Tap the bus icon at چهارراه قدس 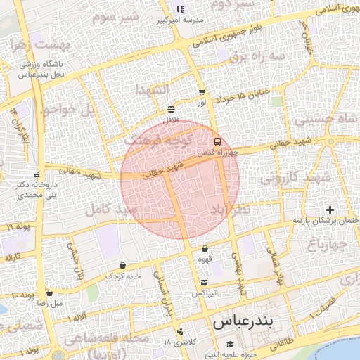[x=217, y=140]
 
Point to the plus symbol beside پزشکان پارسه [x=330, y=210]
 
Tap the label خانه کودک [x=124, y=276]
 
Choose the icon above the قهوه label [x=205, y=248]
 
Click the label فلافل [x=172, y=120]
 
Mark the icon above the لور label [x=202, y=92]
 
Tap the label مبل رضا [x=49, y=304]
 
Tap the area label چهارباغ [x=327, y=243]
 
